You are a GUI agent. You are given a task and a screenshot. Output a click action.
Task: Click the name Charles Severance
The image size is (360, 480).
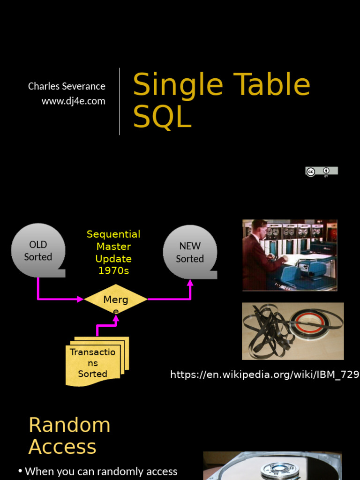tap(67, 86)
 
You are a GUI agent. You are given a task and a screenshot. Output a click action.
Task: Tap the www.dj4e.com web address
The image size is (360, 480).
tap(73, 101)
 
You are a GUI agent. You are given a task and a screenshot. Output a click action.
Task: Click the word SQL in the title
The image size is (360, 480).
tap(162, 117)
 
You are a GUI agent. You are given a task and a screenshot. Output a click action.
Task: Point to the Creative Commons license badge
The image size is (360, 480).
tap(321, 172)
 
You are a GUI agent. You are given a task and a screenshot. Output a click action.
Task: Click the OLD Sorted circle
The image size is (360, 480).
tap(38, 250)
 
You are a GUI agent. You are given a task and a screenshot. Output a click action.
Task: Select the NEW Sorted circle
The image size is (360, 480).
tap(190, 252)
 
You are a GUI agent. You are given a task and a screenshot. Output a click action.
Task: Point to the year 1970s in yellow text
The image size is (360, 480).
tap(113, 271)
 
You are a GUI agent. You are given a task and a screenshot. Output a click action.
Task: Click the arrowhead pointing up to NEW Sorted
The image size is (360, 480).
tap(190, 283)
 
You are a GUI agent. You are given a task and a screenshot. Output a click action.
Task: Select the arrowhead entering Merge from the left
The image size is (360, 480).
tap(81, 299)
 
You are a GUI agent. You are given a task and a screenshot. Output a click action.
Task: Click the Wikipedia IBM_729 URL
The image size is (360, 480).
tap(264, 374)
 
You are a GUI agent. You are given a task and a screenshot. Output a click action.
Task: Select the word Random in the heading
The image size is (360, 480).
tap(69, 425)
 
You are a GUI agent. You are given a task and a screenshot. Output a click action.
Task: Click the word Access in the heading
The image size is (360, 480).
tap(62, 447)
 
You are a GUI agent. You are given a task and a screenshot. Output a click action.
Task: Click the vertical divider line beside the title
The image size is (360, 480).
tap(120, 101)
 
